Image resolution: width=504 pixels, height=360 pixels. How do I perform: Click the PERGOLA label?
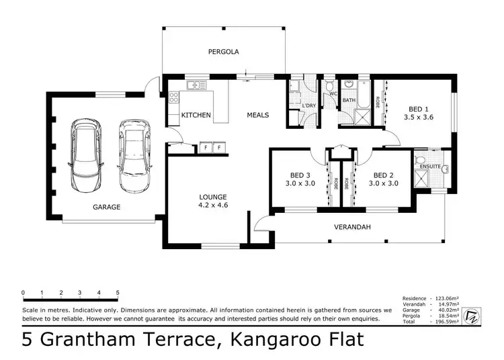point(223,51)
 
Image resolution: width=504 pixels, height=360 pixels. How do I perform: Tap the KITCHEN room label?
point(196,115)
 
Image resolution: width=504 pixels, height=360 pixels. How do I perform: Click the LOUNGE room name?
point(212,197)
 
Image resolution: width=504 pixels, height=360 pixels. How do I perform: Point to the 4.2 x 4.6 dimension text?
point(212,206)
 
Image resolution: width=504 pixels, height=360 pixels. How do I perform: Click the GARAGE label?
point(107,207)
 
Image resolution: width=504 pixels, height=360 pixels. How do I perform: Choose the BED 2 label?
point(384,173)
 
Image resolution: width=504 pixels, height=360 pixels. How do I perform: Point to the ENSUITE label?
point(429,166)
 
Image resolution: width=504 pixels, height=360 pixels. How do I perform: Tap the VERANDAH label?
point(351,226)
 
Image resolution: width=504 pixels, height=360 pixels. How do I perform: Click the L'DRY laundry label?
point(308,106)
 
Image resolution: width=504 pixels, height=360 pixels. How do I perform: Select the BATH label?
point(349,100)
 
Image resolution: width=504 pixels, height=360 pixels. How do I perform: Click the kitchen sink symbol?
point(195,85)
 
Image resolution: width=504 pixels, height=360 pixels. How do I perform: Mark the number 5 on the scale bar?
point(118,292)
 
